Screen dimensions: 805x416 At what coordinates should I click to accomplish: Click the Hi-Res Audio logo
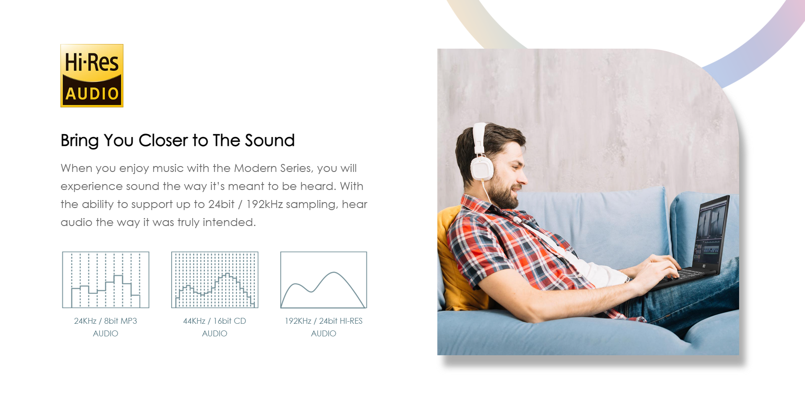(92, 75)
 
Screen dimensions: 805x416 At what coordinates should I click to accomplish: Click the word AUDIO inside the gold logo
(92, 94)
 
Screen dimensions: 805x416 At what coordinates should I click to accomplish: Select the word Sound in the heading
(270, 140)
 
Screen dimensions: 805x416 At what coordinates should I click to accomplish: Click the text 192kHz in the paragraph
(264, 204)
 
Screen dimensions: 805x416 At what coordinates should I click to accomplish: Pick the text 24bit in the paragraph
(221, 204)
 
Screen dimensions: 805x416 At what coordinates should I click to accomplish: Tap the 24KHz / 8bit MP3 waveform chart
(106, 280)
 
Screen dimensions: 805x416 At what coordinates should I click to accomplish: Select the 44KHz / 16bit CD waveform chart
(215, 280)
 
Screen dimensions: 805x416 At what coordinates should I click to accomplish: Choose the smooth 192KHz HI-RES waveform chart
(324, 280)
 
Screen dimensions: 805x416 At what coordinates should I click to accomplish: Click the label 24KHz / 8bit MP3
(106, 321)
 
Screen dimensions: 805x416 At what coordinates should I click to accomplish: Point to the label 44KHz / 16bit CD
(214, 321)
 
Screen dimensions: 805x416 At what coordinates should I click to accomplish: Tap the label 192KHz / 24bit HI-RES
(324, 321)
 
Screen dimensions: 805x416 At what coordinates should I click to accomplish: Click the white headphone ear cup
(482, 167)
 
